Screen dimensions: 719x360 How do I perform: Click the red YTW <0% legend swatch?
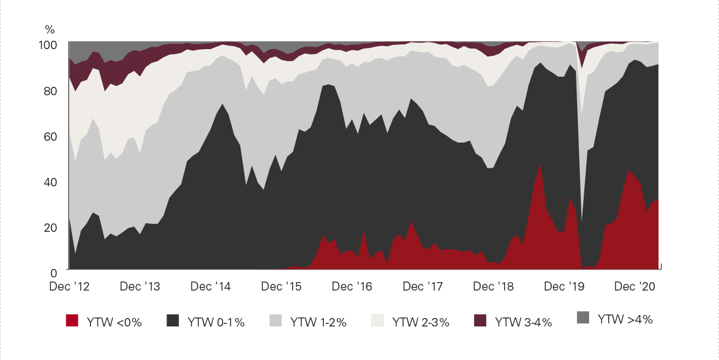tap(72, 320)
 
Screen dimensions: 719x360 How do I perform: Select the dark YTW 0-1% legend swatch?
tap(172, 320)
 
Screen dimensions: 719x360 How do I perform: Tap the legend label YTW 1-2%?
tap(318, 322)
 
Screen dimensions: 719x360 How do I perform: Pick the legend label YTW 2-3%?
tap(421, 322)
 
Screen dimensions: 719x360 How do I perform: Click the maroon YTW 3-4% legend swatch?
tap(480, 320)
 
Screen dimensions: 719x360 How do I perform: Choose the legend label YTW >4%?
tap(625, 319)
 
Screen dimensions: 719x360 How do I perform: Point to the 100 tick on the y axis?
tap(48, 46)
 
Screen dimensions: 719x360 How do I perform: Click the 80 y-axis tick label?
tap(50, 91)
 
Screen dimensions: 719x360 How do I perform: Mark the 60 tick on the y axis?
tap(50, 137)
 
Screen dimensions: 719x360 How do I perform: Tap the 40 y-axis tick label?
tap(50, 183)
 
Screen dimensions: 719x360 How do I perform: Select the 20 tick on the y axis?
tap(50, 228)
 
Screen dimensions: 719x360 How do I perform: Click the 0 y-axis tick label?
tap(54, 273)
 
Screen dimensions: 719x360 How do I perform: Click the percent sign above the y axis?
tap(50, 29)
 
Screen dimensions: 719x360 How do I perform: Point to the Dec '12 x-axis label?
tap(69, 286)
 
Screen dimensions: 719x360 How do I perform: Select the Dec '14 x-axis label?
tap(211, 286)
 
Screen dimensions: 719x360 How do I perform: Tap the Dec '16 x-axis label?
tap(352, 286)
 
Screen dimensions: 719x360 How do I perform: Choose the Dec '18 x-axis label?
tap(493, 286)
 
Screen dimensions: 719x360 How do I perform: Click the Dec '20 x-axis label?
tap(635, 286)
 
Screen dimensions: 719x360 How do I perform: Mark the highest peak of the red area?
tap(541, 164)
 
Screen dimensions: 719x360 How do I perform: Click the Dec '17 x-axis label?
tap(423, 286)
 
